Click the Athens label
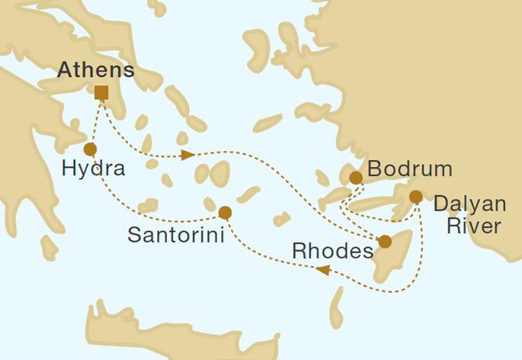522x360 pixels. coord(96,71)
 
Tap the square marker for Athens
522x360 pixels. coord(101,93)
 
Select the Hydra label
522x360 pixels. coord(92,169)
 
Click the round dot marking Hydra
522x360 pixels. coord(90,149)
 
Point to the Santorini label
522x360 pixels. coord(175,236)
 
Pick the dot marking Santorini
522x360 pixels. coord(225,213)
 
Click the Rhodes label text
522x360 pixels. coord(331,251)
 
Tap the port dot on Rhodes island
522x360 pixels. coord(386,242)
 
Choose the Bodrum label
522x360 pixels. coord(409,169)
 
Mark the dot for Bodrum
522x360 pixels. coord(356,178)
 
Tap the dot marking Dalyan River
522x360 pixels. coord(415,197)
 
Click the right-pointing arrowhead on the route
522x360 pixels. coord(187,156)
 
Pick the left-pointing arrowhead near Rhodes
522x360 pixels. coord(322,270)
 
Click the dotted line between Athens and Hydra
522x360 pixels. coord(94,122)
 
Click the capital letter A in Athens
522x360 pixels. coord(66,71)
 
